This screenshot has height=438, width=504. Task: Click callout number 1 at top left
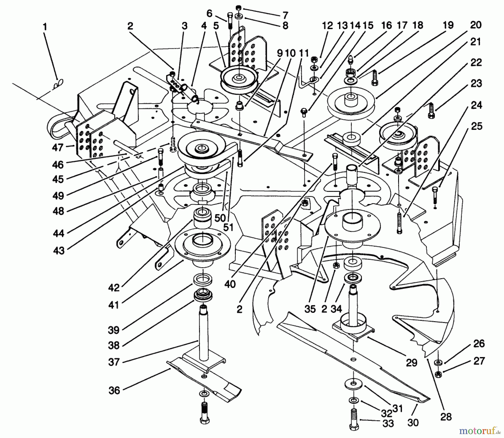45,27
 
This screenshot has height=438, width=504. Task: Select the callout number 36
114,390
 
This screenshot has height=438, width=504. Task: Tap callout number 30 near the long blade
413,422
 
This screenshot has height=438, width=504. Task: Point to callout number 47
58,147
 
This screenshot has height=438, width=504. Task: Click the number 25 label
477,126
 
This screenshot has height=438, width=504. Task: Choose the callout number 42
114,288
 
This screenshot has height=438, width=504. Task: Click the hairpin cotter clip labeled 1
59,83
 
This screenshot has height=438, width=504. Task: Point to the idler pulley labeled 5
239,79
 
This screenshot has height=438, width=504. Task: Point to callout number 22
476,63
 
